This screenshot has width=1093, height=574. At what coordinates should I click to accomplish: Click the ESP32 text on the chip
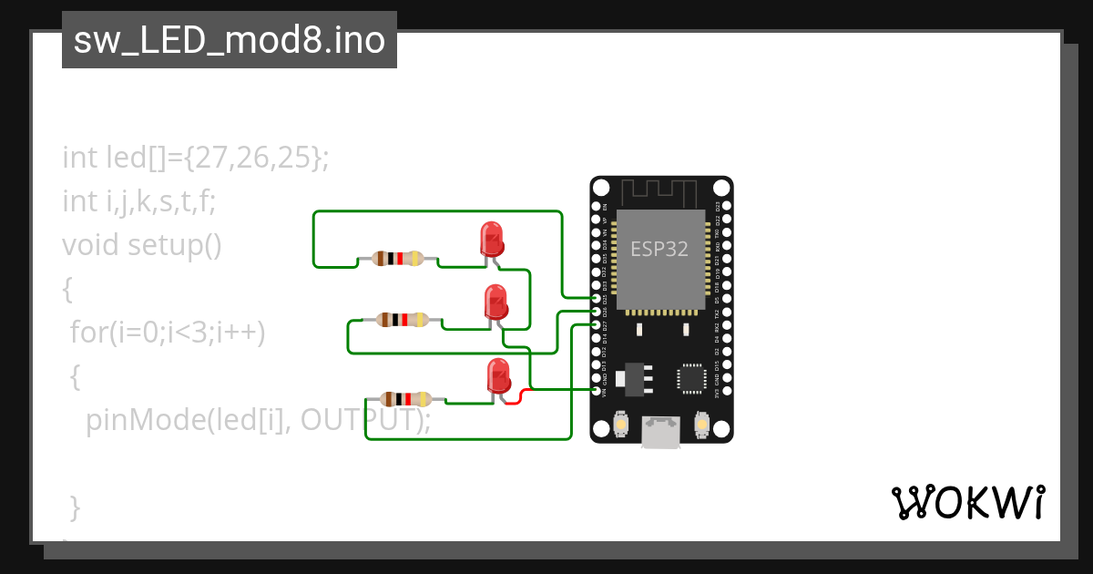point(660,249)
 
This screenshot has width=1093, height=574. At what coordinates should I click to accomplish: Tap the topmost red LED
point(491,239)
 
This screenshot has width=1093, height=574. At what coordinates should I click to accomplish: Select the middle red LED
point(495,302)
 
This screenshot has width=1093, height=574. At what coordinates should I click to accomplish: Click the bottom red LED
point(498,375)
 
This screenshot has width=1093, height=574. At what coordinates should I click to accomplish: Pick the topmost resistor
point(397,258)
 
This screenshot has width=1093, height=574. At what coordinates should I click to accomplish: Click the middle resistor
point(402,319)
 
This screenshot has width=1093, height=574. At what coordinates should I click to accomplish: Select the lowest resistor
point(405,398)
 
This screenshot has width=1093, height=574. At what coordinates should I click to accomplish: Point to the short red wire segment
point(516,398)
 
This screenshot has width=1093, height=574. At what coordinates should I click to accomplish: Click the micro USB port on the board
point(660,433)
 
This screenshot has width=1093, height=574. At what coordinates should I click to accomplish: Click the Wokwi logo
point(966,502)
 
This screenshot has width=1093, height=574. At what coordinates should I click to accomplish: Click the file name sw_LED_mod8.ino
point(229,40)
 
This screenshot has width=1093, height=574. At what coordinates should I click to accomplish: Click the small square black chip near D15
point(691,378)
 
